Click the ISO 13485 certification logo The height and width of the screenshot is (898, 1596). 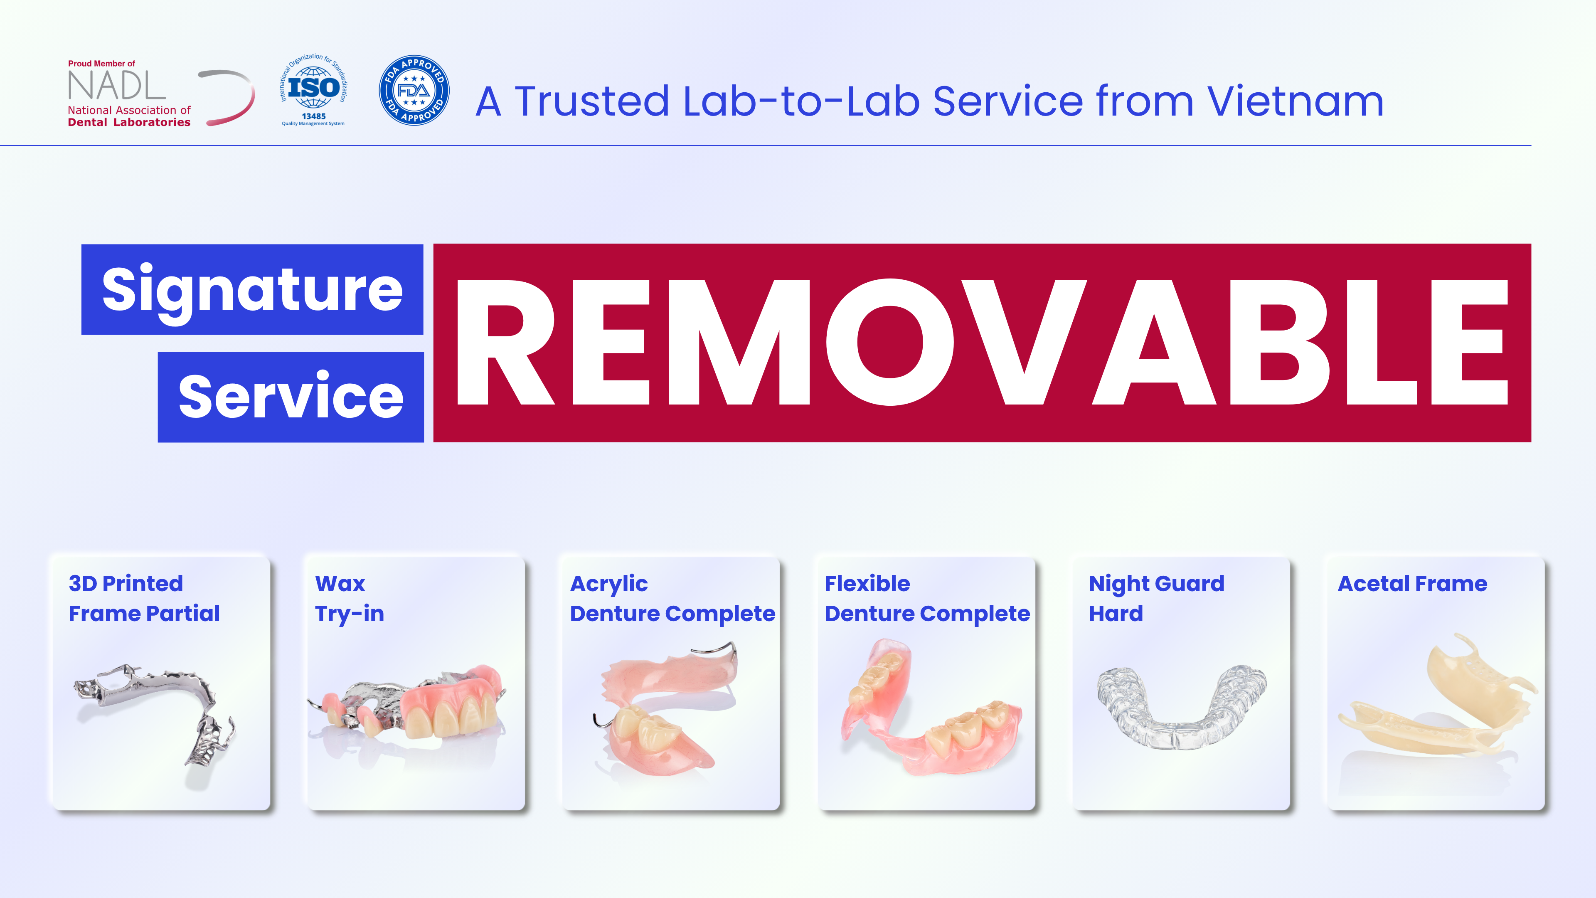pyautogui.click(x=313, y=90)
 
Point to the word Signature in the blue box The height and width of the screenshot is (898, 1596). pyautogui.click(x=252, y=290)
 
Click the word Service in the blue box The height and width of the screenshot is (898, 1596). pyautogui.click(x=291, y=397)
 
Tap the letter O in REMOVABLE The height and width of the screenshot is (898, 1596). pyautogui.click(x=890, y=342)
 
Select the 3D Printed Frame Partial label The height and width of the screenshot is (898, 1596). pyautogui.click(x=144, y=598)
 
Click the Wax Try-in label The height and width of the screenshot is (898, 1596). pyautogui.click(x=350, y=598)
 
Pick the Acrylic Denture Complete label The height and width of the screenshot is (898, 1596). pyautogui.click(x=672, y=598)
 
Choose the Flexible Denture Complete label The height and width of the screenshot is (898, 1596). pyautogui.click(x=927, y=598)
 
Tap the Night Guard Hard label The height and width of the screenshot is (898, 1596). pyautogui.click(x=1156, y=598)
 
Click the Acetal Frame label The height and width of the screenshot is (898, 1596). pyautogui.click(x=1412, y=584)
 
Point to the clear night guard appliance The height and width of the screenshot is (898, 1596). pyautogui.click(x=1182, y=706)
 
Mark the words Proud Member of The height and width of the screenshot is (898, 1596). pyautogui.click(x=101, y=63)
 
